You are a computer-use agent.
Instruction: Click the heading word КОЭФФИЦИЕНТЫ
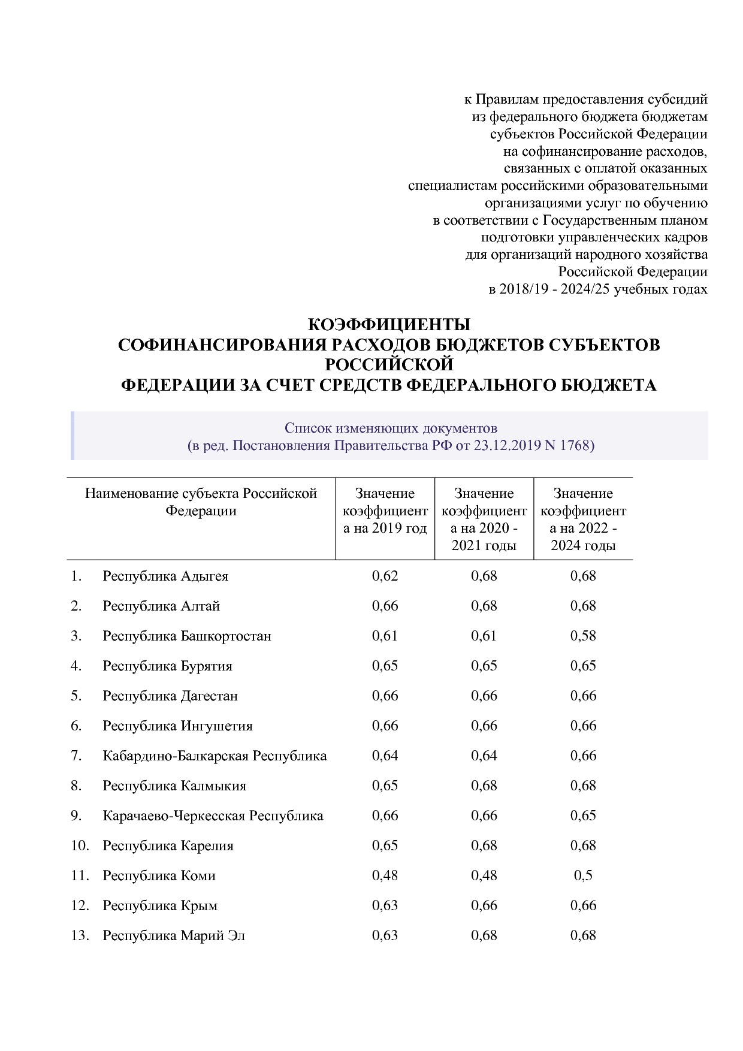(x=389, y=325)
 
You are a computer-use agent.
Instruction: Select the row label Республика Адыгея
(x=165, y=576)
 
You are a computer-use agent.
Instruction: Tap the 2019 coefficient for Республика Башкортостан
(x=385, y=636)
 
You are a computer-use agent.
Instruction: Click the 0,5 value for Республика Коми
(x=583, y=875)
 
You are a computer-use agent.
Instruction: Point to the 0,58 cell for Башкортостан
(x=583, y=636)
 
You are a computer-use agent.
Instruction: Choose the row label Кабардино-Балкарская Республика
(x=215, y=756)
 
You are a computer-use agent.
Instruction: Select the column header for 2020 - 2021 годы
(x=484, y=519)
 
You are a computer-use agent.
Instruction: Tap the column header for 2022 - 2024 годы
(x=583, y=519)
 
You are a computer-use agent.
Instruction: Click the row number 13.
(x=80, y=935)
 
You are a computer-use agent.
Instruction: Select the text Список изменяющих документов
(x=391, y=428)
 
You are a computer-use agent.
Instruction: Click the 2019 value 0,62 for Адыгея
(x=385, y=576)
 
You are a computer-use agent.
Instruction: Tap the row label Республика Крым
(x=160, y=905)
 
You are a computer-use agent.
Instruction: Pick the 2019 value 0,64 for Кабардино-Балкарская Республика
(x=385, y=756)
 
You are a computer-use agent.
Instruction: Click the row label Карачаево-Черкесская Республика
(x=213, y=816)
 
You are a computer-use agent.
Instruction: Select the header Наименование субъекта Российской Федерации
(x=201, y=502)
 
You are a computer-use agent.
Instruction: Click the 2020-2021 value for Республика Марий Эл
(x=484, y=935)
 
